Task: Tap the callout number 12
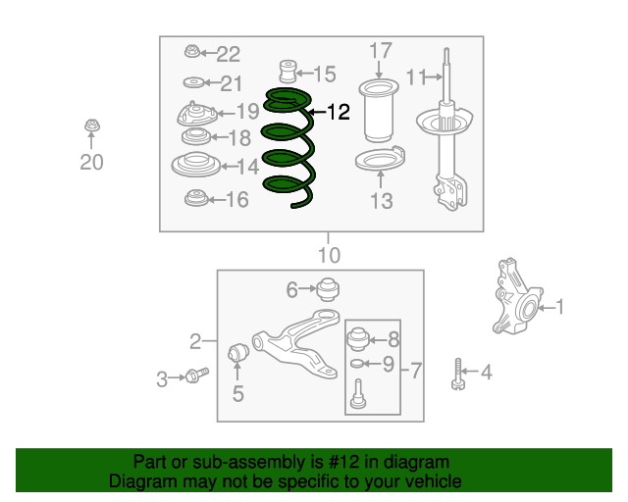(x=339, y=112)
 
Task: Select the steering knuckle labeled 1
(x=517, y=297)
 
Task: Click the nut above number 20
(x=92, y=125)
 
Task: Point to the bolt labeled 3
(x=196, y=376)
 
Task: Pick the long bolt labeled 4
(x=458, y=375)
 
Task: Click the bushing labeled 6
(x=328, y=288)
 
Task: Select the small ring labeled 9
(x=356, y=364)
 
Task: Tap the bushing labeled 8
(x=357, y=339)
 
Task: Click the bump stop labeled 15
(x=288, y=72)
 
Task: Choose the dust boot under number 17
(x=379, y=111)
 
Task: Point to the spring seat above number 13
(x=380, y=159)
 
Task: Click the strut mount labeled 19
(x=196, y=114)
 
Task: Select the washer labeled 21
(x=194, y=83)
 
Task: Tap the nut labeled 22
(x=192, y=52)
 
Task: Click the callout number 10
(x=330, y=255)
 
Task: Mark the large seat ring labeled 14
(x=196, y=165)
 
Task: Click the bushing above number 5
(x=238, y=351)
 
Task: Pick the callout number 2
(x=195, y=341)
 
